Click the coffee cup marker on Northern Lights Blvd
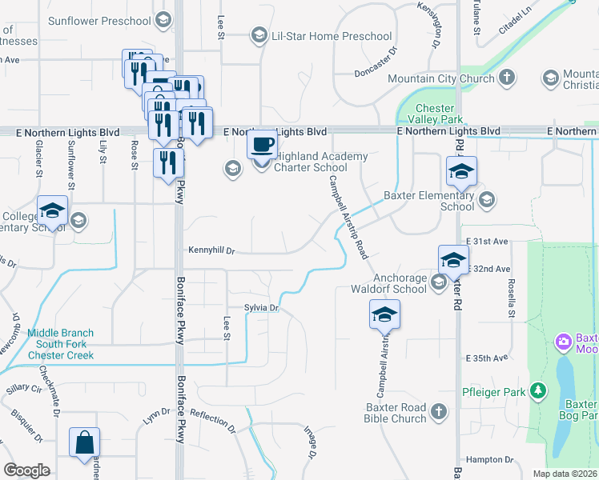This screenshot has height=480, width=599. [262, 146]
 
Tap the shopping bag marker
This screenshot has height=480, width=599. [85, 442]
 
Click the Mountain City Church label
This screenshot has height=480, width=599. [440, 78]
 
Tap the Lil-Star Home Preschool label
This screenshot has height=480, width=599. [332, 36]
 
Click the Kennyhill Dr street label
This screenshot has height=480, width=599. [211, 250]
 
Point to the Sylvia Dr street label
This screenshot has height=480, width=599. [261, 308]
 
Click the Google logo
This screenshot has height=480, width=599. [26, 470]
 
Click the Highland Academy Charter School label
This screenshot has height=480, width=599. [320, 162]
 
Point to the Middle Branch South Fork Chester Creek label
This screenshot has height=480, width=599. [61, 344]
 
